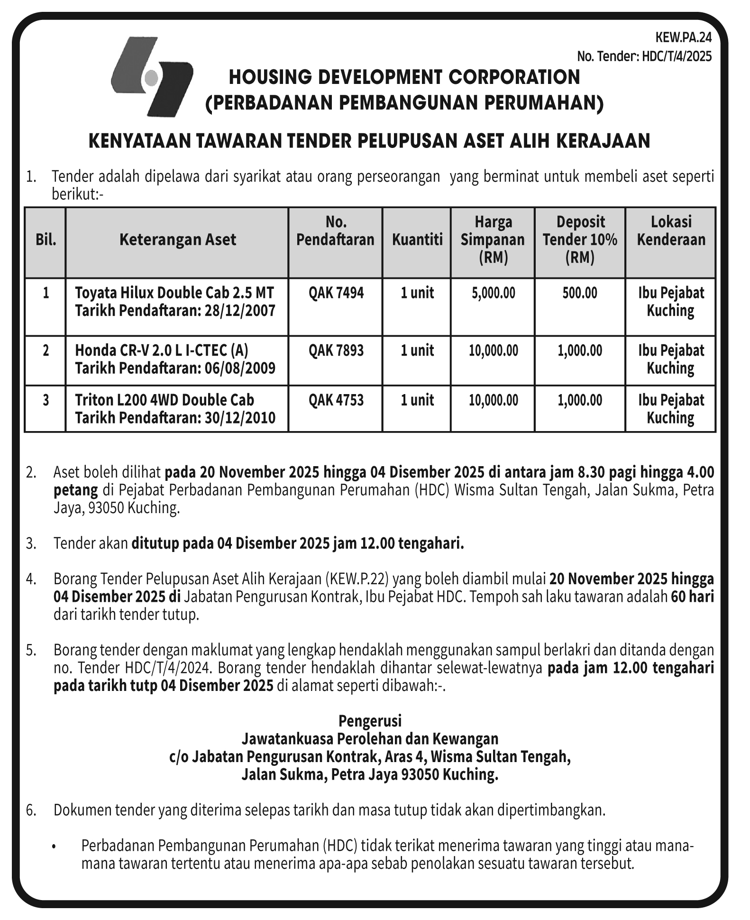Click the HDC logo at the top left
pos(151,77)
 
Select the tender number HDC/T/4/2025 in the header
pos(677,56)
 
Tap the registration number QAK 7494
pos(336,293)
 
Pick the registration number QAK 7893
pos(336,350)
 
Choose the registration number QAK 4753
pos(336,400)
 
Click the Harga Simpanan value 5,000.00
pos(493,293)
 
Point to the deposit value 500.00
pos(580,293)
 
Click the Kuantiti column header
pos(417,239)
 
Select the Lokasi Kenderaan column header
pos(671,230)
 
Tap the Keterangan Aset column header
pos(177,239)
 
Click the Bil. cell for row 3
pos(46,400)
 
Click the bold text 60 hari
pos(692,597)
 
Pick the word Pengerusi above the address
pos(370,721)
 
